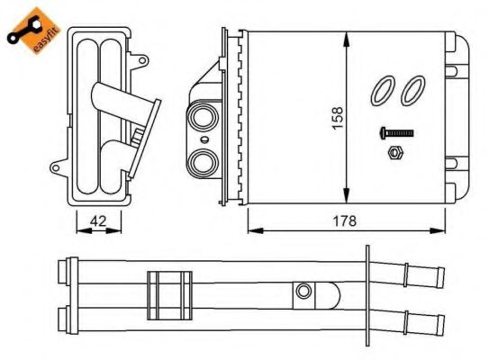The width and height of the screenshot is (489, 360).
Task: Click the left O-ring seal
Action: [x=382, y=89]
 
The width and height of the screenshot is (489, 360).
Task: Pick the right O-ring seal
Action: [x=413, y=88]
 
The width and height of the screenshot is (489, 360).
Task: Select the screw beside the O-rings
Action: [x=395, y=133]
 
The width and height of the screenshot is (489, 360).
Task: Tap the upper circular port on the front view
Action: [x=203, y=118]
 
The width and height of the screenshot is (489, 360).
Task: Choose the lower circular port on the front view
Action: [x=203, y=162]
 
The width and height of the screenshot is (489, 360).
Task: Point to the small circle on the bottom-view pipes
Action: [x=304, y=292]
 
